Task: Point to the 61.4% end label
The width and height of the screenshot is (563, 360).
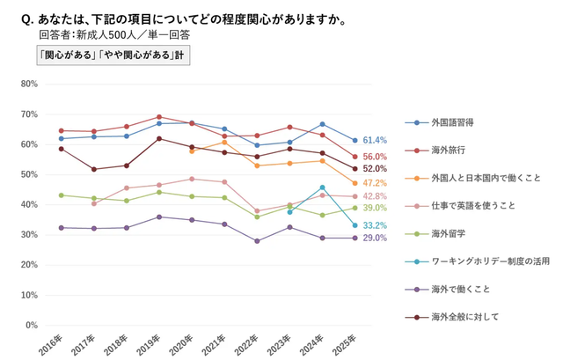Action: tap(376, 140)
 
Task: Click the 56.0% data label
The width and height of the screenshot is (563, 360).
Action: tap(376, 157)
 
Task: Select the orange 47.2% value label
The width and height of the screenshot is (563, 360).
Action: tap(376, 183)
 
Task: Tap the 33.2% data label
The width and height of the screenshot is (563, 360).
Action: tap(376, 225)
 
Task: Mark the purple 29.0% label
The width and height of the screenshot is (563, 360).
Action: tap(376, 239)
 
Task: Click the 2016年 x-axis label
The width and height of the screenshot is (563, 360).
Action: tap(52, 343)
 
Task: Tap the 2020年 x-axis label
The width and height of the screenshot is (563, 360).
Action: tap(183, 343)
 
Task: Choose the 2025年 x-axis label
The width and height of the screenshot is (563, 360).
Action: tap(346, 343)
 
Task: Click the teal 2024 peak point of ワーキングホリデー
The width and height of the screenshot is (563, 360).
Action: tap(323, 187)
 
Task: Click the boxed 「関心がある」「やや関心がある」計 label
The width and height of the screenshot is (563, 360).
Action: tap(113, 55)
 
